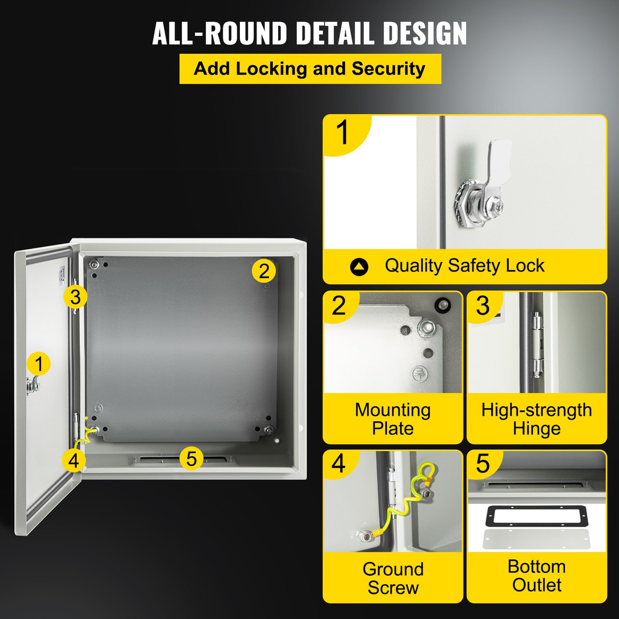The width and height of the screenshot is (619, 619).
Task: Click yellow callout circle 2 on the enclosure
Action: tap(264, 271)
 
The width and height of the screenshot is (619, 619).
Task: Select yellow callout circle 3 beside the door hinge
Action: tap(75, 297)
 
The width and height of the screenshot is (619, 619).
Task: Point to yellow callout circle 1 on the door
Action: tap(39, 364)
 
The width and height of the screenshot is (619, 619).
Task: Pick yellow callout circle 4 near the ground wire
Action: tap(74, 460)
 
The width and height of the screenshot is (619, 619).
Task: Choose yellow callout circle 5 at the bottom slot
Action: tap(192, 458)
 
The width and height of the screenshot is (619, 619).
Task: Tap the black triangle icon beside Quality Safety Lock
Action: tap(359, 266)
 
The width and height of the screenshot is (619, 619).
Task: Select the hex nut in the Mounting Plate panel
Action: tap(428, 328)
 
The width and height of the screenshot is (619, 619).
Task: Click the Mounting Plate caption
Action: tap(393, 419)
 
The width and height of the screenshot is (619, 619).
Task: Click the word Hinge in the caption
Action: tap(536, 428)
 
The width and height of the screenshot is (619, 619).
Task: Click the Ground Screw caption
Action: tap(393, 578)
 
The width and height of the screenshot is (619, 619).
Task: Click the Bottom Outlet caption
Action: tap(536, 575)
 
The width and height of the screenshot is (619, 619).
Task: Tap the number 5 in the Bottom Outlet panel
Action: tap(483, 464)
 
